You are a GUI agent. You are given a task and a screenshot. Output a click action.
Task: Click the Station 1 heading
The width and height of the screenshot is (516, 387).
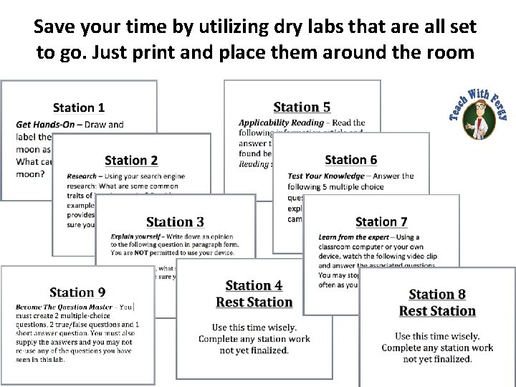click(x=79, y=107)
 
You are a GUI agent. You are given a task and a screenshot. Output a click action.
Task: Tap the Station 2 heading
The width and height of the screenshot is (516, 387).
click(x=131, y=160)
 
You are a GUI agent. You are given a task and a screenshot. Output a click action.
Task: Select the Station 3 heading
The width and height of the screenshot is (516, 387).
click(x=175, y=222)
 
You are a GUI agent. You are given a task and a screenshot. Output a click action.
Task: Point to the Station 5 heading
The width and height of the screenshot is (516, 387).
click(x=302, y=107)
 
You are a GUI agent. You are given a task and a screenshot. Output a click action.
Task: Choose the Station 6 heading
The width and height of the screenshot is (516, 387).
click(x=350, y=160)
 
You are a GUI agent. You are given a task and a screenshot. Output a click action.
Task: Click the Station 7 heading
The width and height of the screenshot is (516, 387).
click(x=381, y=222)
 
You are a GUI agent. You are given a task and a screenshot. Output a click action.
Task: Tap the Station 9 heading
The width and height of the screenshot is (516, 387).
click(x=77, y=292)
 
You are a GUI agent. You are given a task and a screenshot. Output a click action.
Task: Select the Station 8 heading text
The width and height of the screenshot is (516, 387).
click(x=437, y=295)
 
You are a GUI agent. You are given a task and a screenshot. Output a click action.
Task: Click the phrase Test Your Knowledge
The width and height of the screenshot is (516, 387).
click(x=326, y=176)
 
